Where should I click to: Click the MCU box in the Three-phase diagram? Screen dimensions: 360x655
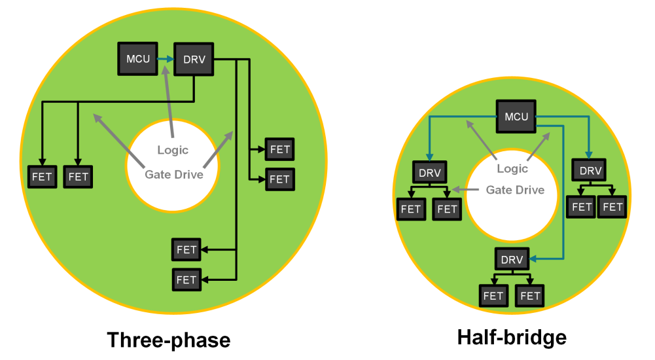[x=138, y=60]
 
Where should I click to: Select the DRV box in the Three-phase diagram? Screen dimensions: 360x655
[x=194, y=60]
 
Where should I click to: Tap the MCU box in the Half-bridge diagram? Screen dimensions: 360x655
[x=516, y=117]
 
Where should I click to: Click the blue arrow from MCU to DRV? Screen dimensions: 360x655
[x=166, y=60]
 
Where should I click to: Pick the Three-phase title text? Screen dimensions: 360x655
[x=168, y=340]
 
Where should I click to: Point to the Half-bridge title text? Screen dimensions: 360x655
[x=512, y=337]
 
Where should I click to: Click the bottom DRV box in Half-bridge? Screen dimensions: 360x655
[x=512, y=260]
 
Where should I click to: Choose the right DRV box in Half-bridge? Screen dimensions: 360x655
[x=590, y=171]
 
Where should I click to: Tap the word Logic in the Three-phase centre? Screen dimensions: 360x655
[x=173, y=151]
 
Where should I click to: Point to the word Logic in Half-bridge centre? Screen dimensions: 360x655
[x=512, y=169]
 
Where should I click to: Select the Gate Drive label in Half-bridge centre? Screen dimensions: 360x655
[x=515, y=190]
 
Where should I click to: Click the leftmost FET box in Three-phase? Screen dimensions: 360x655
[x=43, y=177]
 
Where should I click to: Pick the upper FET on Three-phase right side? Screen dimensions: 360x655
[x=279, y=149]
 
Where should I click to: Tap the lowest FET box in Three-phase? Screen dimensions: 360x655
[x=186, y=279]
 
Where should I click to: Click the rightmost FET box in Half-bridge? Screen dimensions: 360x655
[x=613, y=207]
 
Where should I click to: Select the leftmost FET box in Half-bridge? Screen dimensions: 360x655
[x=411, y=209]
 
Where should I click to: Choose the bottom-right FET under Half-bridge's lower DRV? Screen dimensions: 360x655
[x=530, y=296]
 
